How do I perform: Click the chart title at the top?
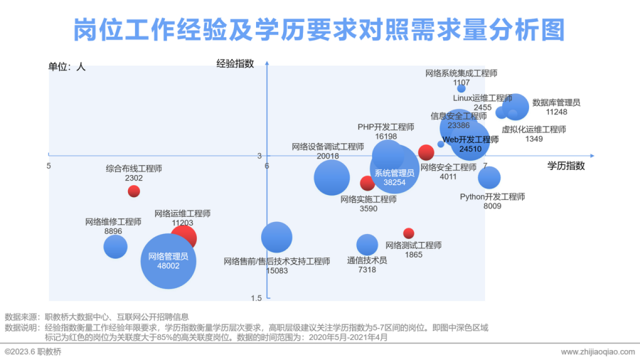pyautogui.click(x=319, y=29)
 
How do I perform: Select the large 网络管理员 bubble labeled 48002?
pyautogui.click(x=168, y=260)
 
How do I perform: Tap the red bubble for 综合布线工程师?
pyautogui.click(x=134, y=191)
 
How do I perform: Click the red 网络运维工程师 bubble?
pyautogui.click(x=183, y=237)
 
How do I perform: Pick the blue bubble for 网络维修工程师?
pyautogui.click(x=115, y=246)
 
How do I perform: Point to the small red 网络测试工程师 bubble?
pyautogui.click(x=408, y=233)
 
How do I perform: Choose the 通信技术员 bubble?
pyautogui.click(x=367, y=245)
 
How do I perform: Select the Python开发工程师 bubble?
pyautogui.click(x=489, y=177)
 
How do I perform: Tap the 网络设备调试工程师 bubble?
pyautogui.click(x=331, y=177)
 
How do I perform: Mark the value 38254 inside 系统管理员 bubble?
pyautogui.click(x=394, y=182)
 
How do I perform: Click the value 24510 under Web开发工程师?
pyautogui.click(x=470, y=149)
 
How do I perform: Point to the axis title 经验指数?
pyautogui.click(x=235, y=63)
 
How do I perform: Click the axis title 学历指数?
pyautogui.click(x=565, y=166)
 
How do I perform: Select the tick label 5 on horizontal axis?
pyautogui.click(x=49, y=166)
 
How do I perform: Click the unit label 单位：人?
pyautogui.click(x=67, y=66)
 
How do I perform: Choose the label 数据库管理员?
pyautogui.click(x=556, y=102)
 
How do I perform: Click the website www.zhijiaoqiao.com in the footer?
pyautogui.click(x=597, y=352)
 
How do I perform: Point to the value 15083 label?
pyautogui.click(x=277, y=271)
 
